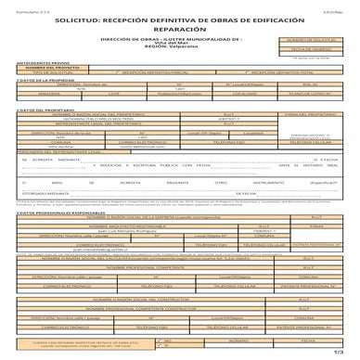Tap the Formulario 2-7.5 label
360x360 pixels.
[19, 5]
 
